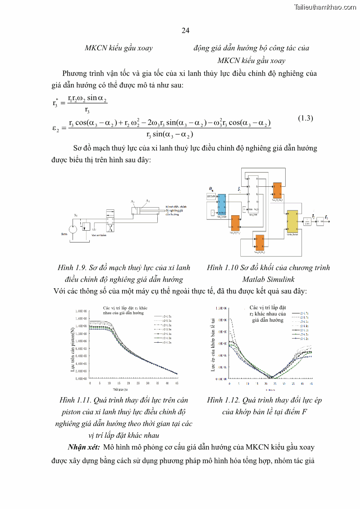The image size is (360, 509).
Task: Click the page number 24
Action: (185, 31)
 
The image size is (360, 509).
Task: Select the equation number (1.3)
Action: (306, 118)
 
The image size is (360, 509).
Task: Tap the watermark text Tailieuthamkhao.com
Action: (325, 7)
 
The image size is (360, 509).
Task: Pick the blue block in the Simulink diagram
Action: (222, 204)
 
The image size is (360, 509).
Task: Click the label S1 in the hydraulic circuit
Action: (75, 215)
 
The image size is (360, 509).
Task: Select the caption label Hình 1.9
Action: (71, 267)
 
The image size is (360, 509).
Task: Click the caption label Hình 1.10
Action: (223, 267)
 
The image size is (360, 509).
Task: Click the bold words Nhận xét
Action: (83, 447)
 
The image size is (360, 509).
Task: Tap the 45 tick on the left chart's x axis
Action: (176, 383)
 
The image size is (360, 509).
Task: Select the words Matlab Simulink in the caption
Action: (268, 279)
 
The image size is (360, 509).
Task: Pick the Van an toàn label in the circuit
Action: (98, 235)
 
